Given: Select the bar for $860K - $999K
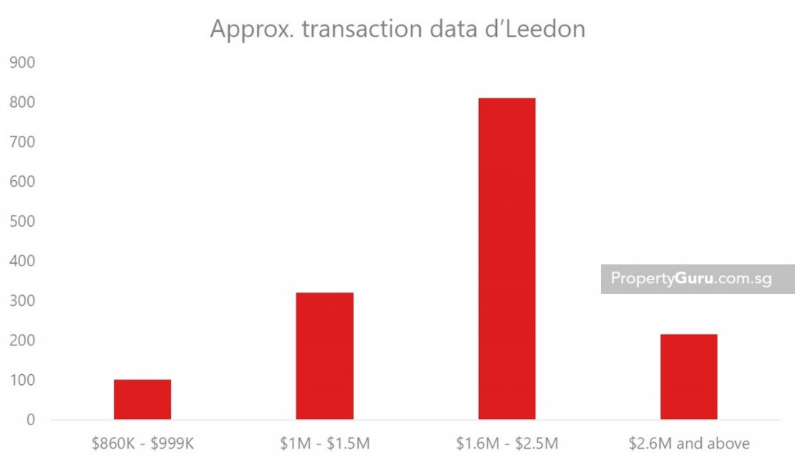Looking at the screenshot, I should click(142, 400).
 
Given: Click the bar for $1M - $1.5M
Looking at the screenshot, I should click(325, 356).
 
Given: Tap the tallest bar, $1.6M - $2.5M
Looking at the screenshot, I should click(506, 259).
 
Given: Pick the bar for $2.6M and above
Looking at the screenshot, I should click(689, 377).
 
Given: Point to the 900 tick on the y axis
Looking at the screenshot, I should click(23, 62).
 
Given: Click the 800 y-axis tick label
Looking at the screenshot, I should click(23, 102).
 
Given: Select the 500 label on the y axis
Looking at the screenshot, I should click(23, 221).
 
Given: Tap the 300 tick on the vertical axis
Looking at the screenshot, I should click(23, 300).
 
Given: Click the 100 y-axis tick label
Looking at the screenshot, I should click(23, 380).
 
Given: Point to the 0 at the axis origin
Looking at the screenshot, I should click(30, 420).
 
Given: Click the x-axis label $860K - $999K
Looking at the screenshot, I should click(142, 444).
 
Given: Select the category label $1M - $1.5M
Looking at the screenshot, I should click(325, 444).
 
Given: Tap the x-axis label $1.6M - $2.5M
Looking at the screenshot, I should click(506, 444).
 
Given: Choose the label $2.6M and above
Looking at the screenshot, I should click(689, 444).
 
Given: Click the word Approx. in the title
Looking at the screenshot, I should click(250, 29).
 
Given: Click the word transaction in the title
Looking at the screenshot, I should click(361, 29).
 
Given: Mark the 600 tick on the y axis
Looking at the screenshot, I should click(23, 182).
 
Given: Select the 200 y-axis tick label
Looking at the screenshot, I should click(23, 340).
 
